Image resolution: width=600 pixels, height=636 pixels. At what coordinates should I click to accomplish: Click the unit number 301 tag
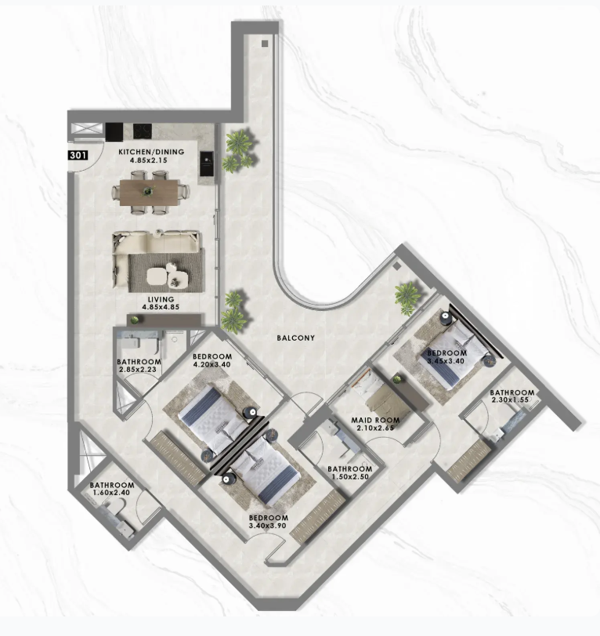click(78, 155)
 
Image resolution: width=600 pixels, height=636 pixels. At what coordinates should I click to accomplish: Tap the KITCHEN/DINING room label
click(151, 152)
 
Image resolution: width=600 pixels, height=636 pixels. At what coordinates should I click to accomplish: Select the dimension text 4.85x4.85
click(161, 307)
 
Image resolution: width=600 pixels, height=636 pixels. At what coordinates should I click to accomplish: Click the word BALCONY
click(296, 338)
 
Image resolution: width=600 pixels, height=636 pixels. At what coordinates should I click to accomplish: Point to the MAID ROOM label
click(375, 420)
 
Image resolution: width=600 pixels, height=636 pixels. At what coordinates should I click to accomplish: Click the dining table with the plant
click(149, 193)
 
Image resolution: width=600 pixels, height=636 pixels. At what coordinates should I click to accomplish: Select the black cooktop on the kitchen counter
click(143, 131)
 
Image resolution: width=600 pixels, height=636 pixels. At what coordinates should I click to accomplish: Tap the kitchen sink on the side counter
click(207, 164)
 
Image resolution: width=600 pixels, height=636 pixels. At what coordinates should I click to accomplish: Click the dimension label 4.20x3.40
click(211, 364)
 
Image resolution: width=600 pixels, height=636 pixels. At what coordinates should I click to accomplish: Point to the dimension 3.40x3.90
click(268, 526)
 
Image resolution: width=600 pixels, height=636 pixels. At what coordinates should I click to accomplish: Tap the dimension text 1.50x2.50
click(350, 476)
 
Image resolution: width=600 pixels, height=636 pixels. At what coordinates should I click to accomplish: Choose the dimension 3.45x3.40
click(446, 361)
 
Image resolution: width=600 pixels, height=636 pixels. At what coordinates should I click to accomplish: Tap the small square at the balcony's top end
click(265, 44)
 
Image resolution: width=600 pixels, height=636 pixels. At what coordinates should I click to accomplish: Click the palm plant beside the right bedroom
click(408, 298)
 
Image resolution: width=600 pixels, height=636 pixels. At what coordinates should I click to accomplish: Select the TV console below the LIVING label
click(164, 320)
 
